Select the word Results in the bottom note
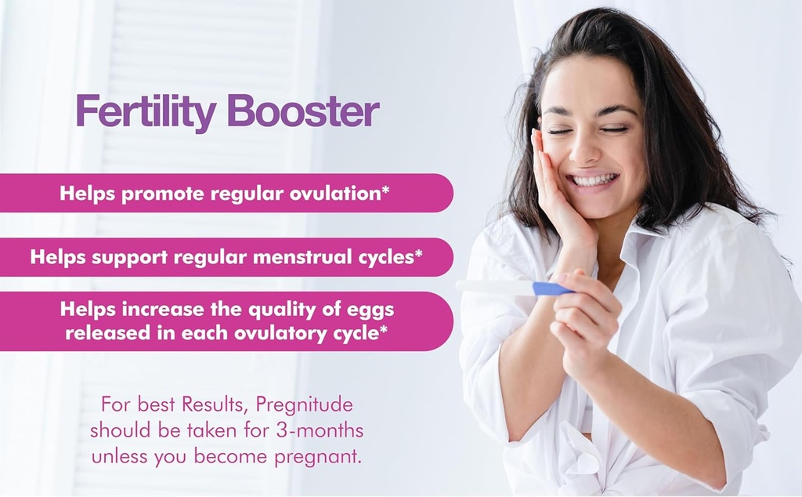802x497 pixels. click(207, 406)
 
